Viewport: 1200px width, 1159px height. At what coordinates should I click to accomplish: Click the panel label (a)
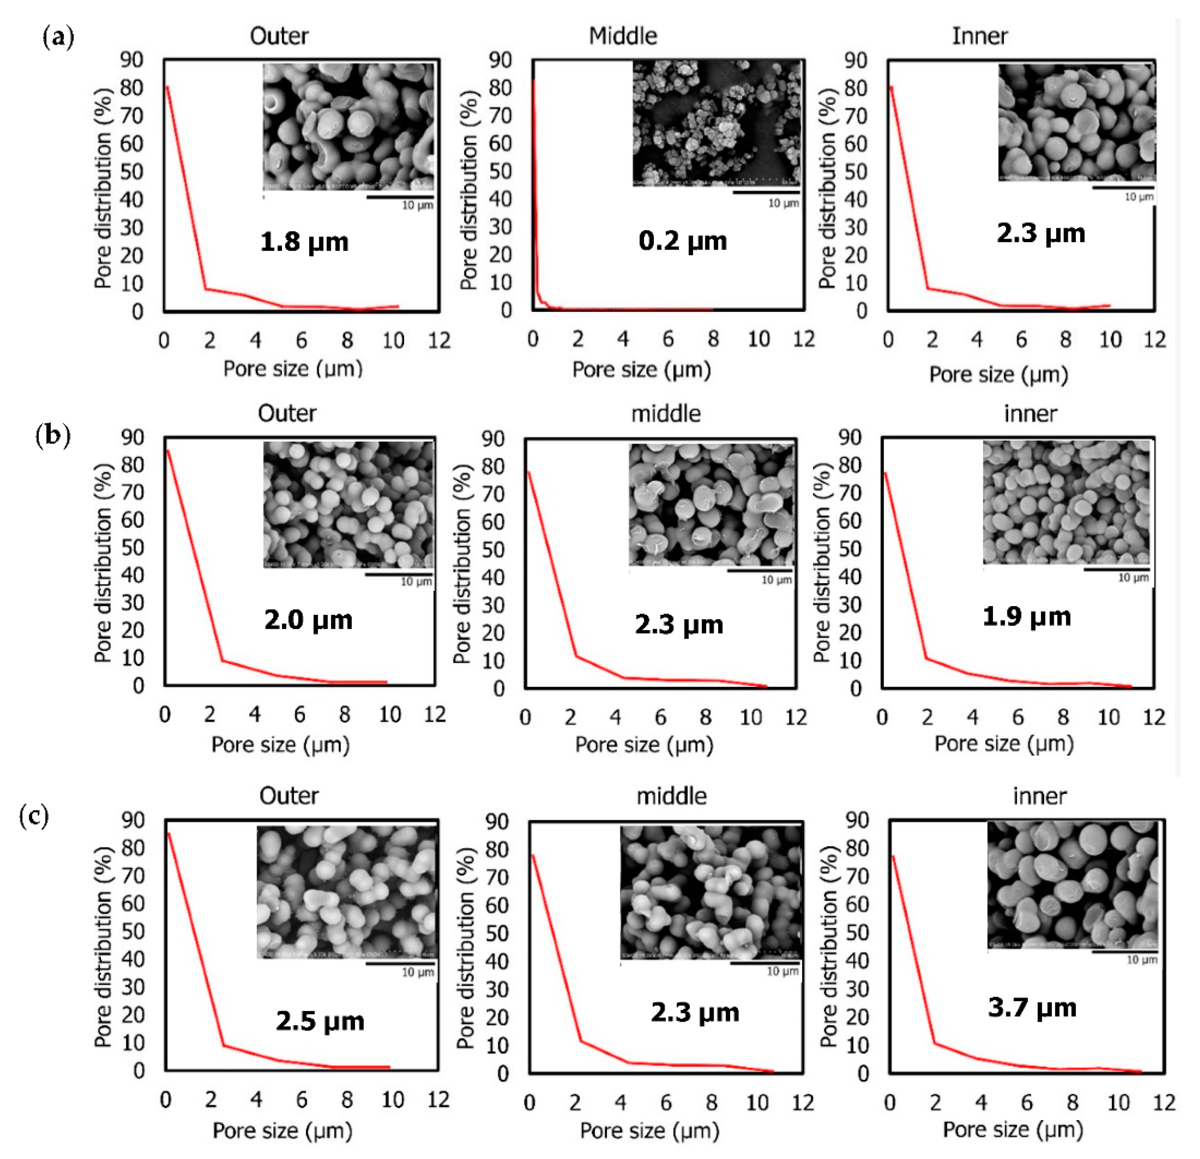pos(58,38)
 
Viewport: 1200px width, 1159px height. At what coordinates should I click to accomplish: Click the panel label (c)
pos(34,816)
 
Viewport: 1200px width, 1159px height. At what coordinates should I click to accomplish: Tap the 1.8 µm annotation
pos(304,242)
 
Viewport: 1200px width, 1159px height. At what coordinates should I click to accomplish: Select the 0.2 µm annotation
pos(683,241)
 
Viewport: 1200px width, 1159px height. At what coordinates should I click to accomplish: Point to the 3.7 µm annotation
pos(1032,1008)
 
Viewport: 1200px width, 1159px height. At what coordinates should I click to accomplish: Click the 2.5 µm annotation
pos(320,1021)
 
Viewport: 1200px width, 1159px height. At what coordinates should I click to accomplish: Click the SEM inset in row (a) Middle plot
pos(716,123)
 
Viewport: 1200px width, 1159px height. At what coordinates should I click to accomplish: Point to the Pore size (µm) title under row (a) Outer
pos(293,369)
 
